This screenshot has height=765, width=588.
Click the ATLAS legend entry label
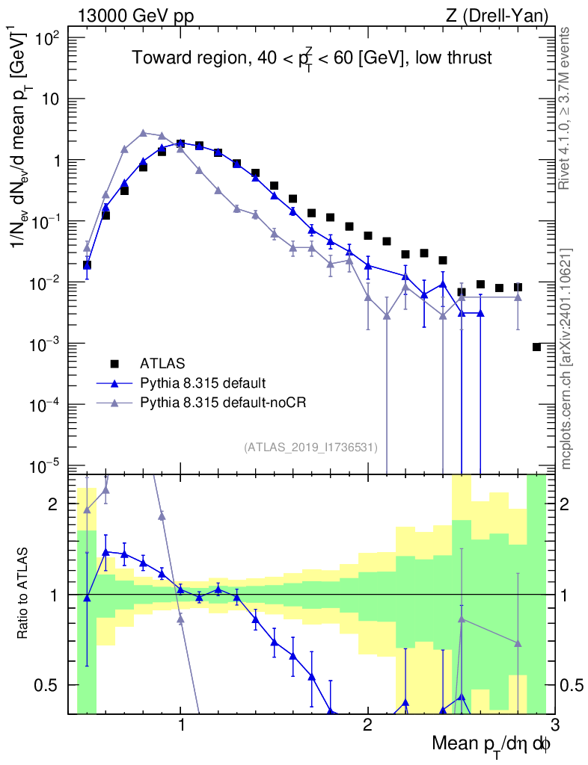162,364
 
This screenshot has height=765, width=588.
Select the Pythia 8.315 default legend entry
202,384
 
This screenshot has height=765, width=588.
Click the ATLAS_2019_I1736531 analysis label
310,447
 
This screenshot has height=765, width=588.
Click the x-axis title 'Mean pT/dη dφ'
491,745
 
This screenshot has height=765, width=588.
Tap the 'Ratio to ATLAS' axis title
23,595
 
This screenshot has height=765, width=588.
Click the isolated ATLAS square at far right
536,347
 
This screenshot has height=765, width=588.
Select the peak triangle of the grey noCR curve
144,133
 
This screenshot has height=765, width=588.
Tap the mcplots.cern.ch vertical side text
566,359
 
